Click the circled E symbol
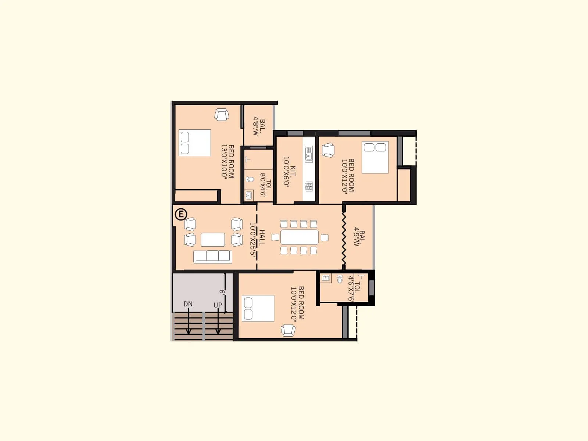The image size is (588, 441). tap(181, 214)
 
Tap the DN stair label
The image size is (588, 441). tap(188, 304)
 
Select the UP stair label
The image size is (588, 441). tap(218, 305)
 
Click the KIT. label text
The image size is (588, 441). tap(293, 172)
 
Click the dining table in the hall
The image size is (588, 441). tap(300, 237)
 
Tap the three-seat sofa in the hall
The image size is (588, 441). tap(213, 256)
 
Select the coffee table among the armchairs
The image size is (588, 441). tap(213, 240)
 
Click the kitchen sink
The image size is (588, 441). tap(309, 154)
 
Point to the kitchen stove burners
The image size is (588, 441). tap(309, 186)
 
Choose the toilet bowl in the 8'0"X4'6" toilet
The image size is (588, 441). tap(250, 179)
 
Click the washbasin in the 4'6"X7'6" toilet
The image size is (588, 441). tap(326, 278)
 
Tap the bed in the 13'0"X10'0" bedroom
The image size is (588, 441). tap(195, 143)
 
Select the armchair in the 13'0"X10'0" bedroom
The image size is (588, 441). tap(222, 114)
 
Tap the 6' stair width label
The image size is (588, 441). tap(222, 292)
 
